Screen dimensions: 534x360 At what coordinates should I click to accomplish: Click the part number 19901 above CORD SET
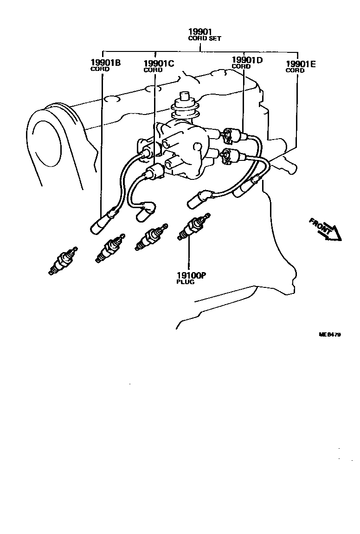tap(199, 32)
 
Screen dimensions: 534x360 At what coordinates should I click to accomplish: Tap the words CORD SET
tap(204, 38)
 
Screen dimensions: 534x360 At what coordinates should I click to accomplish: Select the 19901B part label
tap(105, 63)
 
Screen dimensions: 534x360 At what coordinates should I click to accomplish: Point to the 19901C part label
tap(159, 64)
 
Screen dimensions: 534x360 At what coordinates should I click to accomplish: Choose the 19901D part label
tap(247, 60)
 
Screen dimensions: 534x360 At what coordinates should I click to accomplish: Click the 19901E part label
tap(301, 64)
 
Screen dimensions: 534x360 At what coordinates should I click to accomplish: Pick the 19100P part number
tap(191, 275)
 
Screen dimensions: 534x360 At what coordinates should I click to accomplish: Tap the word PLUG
tap(185, 282)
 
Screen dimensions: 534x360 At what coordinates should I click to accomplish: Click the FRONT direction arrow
tap(326, 229)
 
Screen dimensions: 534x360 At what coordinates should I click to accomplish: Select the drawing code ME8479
tap(329, 334)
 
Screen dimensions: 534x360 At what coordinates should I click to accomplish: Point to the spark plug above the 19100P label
tap(193, 227)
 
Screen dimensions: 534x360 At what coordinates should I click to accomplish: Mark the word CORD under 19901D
tap(241, 66)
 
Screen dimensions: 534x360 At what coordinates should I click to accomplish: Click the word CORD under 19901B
tap(100, 69)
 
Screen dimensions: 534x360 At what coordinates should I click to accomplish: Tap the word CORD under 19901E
tap(295, 70)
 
